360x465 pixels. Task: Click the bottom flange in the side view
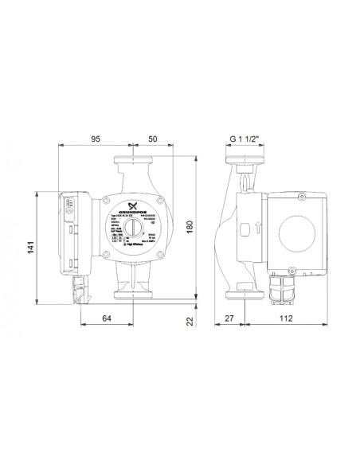click(x=243, y=299)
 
